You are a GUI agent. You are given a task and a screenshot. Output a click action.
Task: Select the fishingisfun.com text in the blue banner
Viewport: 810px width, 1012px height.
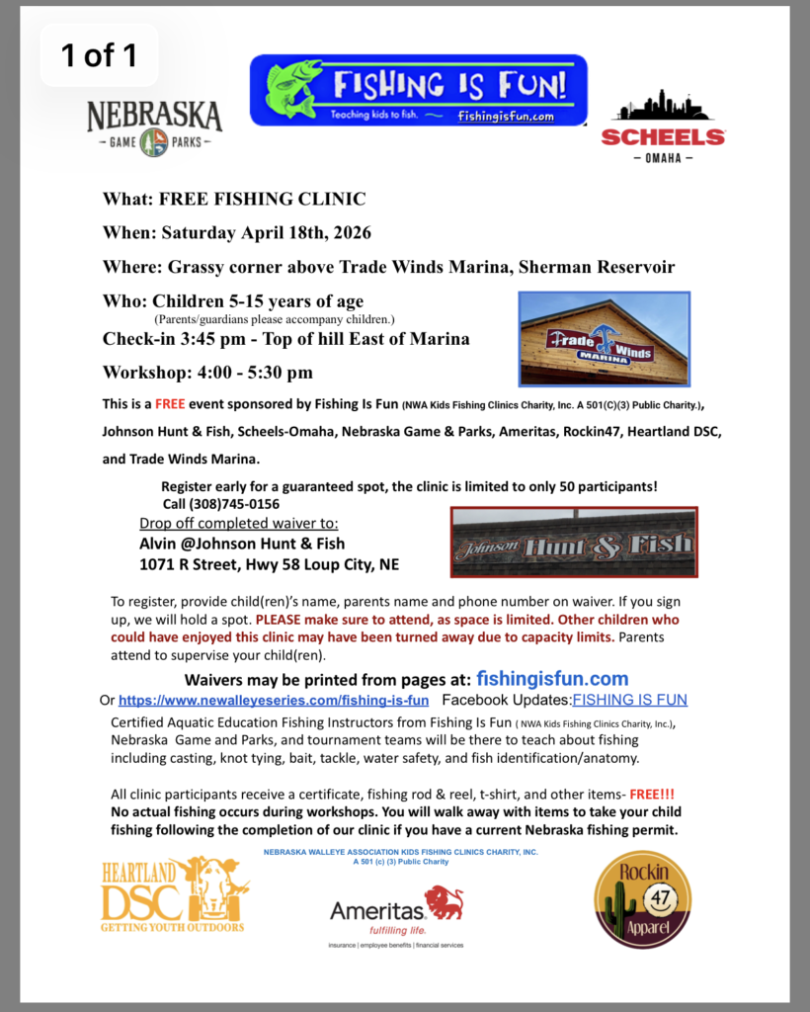(x=506, y=116)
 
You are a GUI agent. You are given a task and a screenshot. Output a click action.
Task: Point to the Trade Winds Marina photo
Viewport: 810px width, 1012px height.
(x=604, y=339)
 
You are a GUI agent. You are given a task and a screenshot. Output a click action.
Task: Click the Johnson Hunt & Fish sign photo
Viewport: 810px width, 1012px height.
(x=574, y=543)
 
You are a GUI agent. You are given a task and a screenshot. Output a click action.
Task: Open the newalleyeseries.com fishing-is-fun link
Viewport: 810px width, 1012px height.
(x=274, y=700)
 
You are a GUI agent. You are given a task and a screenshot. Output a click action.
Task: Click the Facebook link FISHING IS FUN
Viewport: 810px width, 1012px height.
(x=630, y=700)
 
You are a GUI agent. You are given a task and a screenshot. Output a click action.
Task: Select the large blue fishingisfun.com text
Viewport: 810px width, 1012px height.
(x=552, y=679)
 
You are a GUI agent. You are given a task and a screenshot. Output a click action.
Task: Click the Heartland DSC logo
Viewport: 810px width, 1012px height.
(x=174, y=894)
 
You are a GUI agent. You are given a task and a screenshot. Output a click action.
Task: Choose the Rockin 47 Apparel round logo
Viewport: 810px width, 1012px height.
(x=642, y=899)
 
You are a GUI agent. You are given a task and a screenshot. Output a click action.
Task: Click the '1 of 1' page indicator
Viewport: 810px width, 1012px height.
(x=99, y=56)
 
